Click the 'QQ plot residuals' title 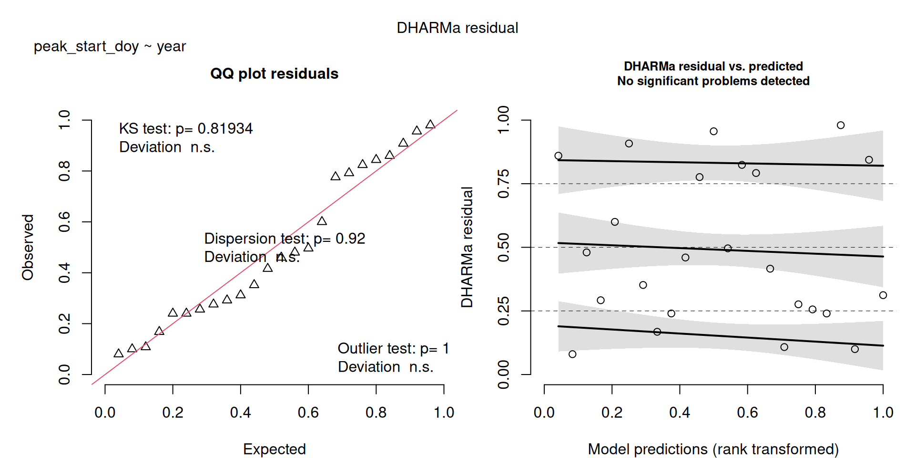click(274, 73)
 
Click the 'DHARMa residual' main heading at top click(457, 28)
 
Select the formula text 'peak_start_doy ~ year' click(110, 46)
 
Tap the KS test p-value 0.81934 click(225, 129)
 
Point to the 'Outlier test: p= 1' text click(393, 349)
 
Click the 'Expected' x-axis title click(274, 449)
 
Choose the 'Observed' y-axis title click(28, 247)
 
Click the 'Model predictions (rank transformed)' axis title click(713, 449)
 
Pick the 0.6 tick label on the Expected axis click(308, 413)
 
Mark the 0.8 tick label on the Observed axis click(64, 171)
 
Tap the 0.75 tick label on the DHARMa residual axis click(503, 184)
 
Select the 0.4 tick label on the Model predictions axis click(680, 413)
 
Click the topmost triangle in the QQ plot click(430, 125)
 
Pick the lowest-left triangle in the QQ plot click(119, 354)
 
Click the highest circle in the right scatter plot click(841, 125)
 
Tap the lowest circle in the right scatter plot click(572, 354)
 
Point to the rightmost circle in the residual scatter click(883, 295)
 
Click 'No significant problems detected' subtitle click(713, 81)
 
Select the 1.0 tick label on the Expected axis click(444, 413)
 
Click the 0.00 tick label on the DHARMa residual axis click(503, 375)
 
